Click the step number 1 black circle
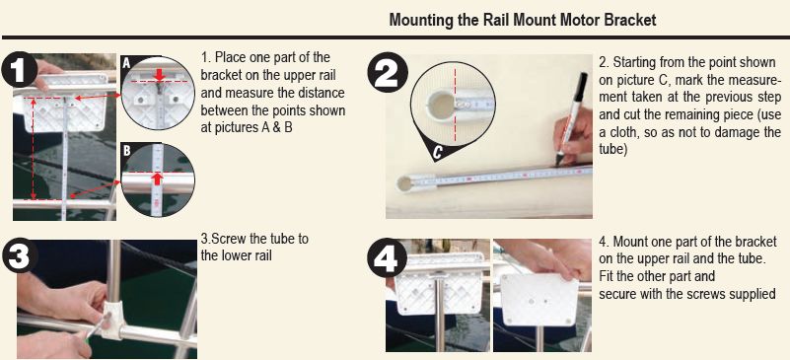[20, 69]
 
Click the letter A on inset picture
[126, 62]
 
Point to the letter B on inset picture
[126, 150]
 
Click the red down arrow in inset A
[160, 75]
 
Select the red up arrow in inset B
[158, 179]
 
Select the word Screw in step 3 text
[223, 238]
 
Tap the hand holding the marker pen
[573, 136]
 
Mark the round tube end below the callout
[404, 183]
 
